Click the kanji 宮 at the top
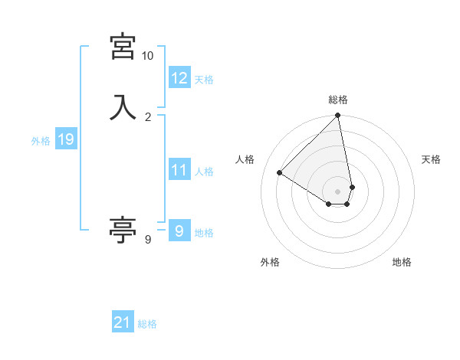point(123,47)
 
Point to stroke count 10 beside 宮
point(147,56)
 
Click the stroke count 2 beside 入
point(148,116)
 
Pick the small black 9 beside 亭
point(148,240)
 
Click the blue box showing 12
point(179,78)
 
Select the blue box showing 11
point(179,170)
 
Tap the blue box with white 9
point(179,231)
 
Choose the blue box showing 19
point(66,139)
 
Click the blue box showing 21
point(123,322)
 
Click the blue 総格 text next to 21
point(147,324)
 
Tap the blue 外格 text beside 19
point(41,141)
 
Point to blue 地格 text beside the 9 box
point(204,233)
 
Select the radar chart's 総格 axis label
point(338,100)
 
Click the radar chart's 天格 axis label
point(431,159)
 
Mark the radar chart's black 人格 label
point(245,159)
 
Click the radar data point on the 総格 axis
point(338,116)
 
